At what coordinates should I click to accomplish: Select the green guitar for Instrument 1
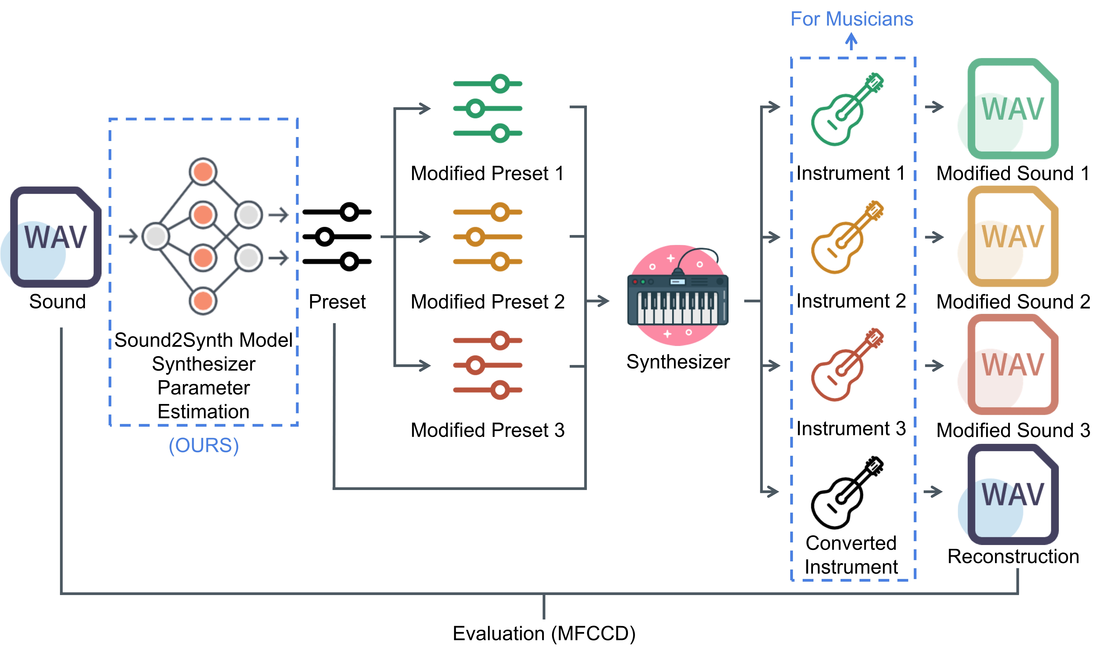coord(846,109)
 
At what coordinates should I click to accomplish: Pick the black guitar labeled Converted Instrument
coord(846,493)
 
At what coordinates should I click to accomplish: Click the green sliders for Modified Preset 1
coord(487,109)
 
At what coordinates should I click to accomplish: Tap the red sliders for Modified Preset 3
coord(487,365)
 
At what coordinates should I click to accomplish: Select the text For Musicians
coord(852,19)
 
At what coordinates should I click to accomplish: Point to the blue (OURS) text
coord(204,445)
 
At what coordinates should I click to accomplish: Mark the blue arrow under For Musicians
coord(851,42)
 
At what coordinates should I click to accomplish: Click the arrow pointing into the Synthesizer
coord(598,301)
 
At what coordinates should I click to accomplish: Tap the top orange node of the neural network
coord(203,172)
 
